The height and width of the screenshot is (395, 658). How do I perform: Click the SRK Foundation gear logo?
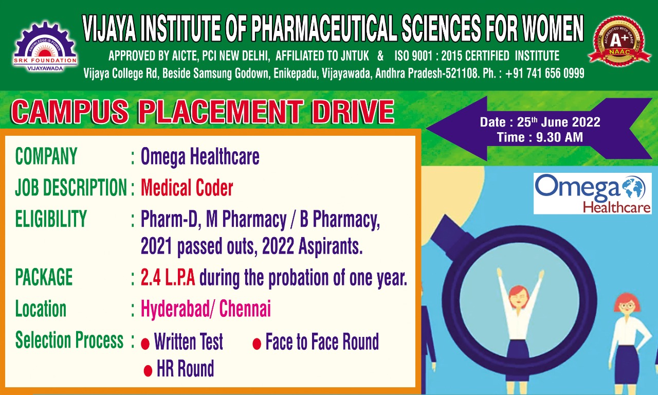[45, 46]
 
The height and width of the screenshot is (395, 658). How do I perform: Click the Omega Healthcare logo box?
[592, 193]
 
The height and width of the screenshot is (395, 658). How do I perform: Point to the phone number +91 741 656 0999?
[545, 74]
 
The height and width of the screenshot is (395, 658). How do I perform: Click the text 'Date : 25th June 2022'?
[540, 122]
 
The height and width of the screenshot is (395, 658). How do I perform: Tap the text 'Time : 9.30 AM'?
[540, 137]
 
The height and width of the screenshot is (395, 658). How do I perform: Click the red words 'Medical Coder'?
[187, 188]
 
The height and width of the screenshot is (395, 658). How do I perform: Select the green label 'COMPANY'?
[46, 156]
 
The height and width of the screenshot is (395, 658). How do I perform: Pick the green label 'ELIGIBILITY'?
[51, 219]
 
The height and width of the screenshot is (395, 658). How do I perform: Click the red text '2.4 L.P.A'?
[168, 277]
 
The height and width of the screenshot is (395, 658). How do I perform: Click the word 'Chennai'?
[245, 309]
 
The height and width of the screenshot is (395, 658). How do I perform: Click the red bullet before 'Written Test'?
[145, 344]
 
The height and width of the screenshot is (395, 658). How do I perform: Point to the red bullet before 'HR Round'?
[148, 371]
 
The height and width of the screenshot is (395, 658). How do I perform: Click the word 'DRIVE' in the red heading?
[353, 112]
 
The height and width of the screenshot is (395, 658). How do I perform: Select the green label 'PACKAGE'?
[44, 277]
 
